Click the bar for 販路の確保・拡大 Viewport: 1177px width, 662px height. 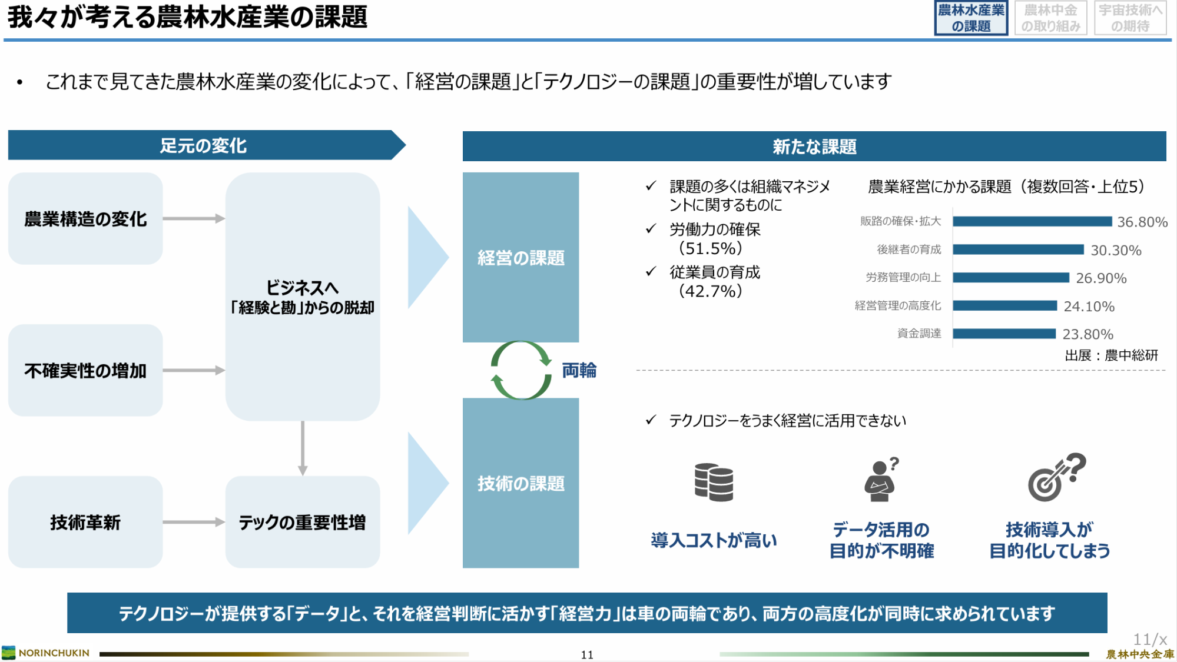tap(1032, 221)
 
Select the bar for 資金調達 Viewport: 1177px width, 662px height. tap(1004, 334)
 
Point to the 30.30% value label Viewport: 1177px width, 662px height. tap(1116, 250)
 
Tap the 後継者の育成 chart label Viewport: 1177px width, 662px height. tap(909, 250)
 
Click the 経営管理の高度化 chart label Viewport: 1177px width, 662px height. tap(898, 305)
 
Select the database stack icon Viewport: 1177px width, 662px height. tap(714, 482)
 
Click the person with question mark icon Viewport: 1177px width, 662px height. tap(881, 479)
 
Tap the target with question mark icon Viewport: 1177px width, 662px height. tap(1056, 477)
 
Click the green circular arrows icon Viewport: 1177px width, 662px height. tap(521, 370)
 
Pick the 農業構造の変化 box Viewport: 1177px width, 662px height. tap(85, 218)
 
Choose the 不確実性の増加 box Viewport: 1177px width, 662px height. tap(85, 370)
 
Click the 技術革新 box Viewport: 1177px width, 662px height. tap(85, 522)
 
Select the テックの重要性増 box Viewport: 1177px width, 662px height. tap(303, 522)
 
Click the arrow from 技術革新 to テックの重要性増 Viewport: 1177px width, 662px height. tap(194, 522)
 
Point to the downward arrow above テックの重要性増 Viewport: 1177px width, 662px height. tap(303, 448)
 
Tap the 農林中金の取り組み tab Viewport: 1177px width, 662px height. tap(1050, 18)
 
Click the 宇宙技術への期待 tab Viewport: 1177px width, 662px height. tap(1130, 18)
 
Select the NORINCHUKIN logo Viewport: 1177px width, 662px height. tap(46, 653)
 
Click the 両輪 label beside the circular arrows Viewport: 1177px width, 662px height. tap(579, 370)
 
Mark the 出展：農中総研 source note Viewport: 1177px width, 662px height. tap(1111, 355)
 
